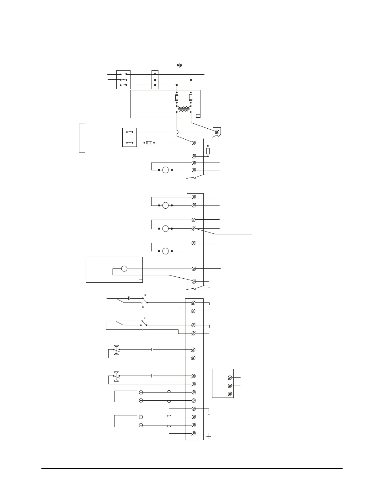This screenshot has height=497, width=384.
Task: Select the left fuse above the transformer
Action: point(177,98)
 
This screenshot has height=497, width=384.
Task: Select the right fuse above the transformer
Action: point(191,98)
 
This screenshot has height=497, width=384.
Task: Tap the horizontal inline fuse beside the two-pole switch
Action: point(149,143)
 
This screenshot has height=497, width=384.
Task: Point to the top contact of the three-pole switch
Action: point(123,74)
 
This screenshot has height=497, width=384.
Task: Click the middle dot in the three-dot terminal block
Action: point(155,80)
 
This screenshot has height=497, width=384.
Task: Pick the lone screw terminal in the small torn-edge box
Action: point(217,132)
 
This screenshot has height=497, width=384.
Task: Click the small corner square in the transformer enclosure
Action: point(198,116)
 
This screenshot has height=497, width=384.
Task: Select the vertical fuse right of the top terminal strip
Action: point(208,151)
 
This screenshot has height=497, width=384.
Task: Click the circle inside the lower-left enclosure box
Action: point(124,269)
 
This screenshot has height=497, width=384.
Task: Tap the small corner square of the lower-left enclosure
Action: point(141,281)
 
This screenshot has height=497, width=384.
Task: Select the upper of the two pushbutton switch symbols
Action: point(116,350)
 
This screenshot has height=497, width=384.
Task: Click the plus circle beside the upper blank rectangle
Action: point(141,392)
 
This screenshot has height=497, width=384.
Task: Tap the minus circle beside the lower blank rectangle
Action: point(141,425)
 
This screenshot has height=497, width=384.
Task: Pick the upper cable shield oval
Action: point(169,396)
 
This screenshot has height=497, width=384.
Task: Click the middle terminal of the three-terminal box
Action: point(230,386)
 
